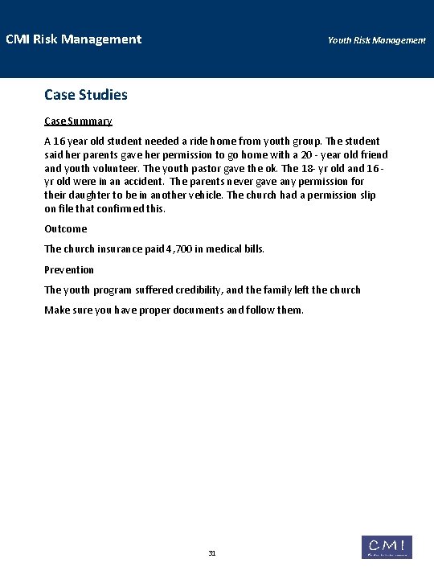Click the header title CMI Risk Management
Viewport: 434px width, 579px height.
point(73,39)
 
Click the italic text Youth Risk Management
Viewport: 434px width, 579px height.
point(376,40)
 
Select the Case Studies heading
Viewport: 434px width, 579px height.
point(86,95)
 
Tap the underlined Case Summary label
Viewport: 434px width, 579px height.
point(78,121)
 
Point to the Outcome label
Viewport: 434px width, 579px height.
point(66,229)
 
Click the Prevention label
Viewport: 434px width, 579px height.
point(69,269)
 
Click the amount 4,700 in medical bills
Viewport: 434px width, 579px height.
point(176,249)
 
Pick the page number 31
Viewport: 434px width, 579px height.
point(212,553)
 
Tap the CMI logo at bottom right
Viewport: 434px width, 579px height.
point(387,547)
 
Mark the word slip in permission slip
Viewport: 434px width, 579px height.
point(366,195)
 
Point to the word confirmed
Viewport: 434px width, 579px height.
point(118,209)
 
